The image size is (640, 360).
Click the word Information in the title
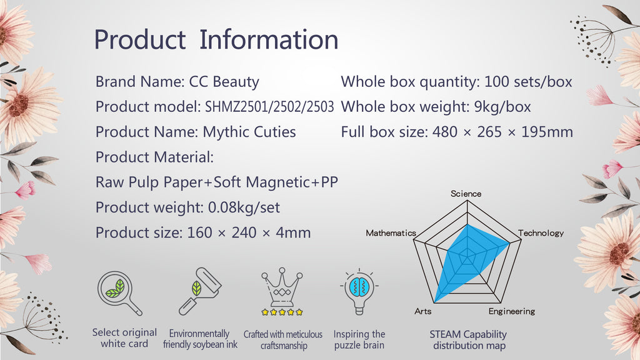tap(269, 39)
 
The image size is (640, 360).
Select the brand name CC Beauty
tap(224, 82)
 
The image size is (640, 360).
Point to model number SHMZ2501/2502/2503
tap(269, 107)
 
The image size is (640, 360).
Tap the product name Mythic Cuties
tap(249, 132)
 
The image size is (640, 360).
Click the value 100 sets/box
tap(528, 82)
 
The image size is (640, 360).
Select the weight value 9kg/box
tap(502, 107)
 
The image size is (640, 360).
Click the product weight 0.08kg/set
tap(244, 207)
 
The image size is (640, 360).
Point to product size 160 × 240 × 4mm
tap(249, 232)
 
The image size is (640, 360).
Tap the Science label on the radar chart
tap(466, 194)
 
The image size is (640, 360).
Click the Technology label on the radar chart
tap(541, 233)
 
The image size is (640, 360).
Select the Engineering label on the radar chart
tap(512, 311)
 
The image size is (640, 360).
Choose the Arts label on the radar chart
tap(423, 311)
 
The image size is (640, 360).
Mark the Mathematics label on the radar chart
tap(391, 233)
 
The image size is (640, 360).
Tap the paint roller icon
tap(200, 291)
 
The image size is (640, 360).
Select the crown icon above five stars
tap(282, 287)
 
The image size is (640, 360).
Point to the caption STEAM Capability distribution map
tap(469, 340)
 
